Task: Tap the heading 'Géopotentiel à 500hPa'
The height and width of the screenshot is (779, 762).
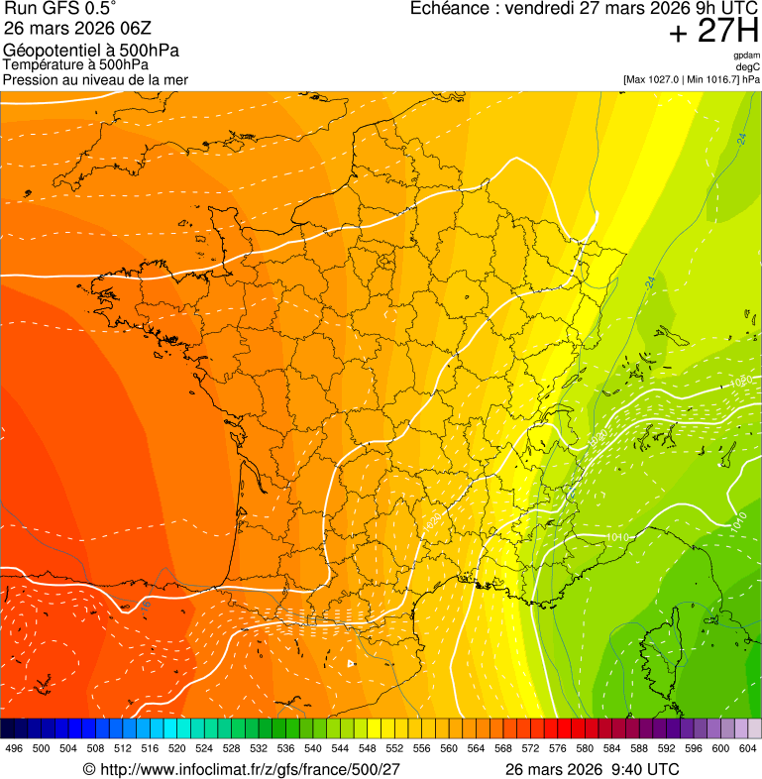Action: pos(91,50)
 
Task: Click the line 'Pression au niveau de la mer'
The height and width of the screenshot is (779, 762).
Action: pos(95,79)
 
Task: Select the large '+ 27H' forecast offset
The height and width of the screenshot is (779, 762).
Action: pos(713,32)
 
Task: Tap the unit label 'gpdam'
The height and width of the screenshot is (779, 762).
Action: pos(746,56)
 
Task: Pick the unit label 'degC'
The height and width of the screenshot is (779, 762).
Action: pos(748,66)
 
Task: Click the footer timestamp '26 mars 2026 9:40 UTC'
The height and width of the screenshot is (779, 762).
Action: pos(592,769)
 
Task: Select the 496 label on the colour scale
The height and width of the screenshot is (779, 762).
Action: pos(14,748)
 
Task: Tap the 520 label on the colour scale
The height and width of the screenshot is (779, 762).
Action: pos(176,748)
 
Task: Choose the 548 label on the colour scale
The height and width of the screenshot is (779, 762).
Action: pos(367,748)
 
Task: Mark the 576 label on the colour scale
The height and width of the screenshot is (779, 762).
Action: pos(557,748)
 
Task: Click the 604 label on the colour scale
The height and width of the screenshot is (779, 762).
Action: pos(747,748)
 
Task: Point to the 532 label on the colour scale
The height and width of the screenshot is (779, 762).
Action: pos(258,748)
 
